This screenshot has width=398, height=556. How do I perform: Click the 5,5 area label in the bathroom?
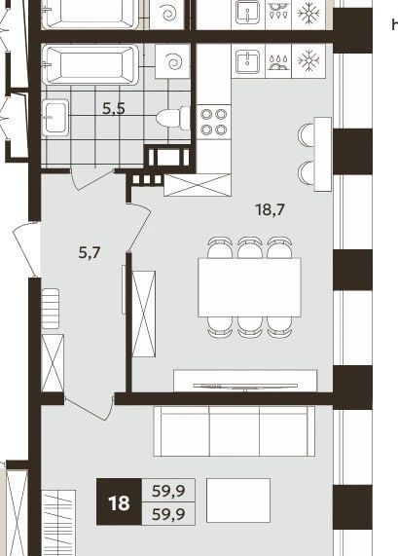point(114,108)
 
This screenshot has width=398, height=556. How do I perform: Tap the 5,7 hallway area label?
point(90,253)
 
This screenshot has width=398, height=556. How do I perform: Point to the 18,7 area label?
point(271,209)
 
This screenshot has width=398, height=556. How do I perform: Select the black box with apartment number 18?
point(119,501)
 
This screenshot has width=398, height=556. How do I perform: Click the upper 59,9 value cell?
point(168,491)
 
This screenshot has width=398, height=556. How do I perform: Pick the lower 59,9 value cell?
point(168,513)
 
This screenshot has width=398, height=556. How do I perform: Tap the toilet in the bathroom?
point(173,118)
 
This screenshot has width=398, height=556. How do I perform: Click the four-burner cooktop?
point(214,122)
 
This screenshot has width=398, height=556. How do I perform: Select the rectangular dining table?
point(249,287)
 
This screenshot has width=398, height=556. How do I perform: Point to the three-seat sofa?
point(234,431)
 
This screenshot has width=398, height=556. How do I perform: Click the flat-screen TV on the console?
point(245,386)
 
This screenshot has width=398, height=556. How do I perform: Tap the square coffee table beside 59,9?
point(238,500)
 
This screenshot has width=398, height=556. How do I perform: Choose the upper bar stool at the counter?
point(307,134)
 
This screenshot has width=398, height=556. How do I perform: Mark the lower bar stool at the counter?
point(307,173)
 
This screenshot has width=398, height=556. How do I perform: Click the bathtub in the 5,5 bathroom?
point(90,64)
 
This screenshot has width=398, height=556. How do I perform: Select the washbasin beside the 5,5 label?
point(55,118)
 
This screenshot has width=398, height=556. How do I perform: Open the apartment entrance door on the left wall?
point(24,248)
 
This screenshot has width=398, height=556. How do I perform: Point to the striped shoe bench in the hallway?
point(51,309)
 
